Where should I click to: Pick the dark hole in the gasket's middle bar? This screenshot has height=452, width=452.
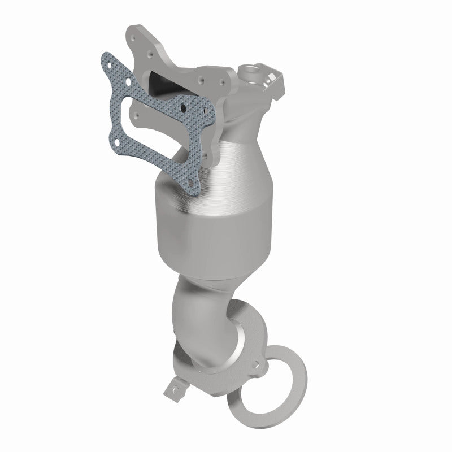[x=184, y=108]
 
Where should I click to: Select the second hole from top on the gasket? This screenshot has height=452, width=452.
[x=129, y=81]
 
